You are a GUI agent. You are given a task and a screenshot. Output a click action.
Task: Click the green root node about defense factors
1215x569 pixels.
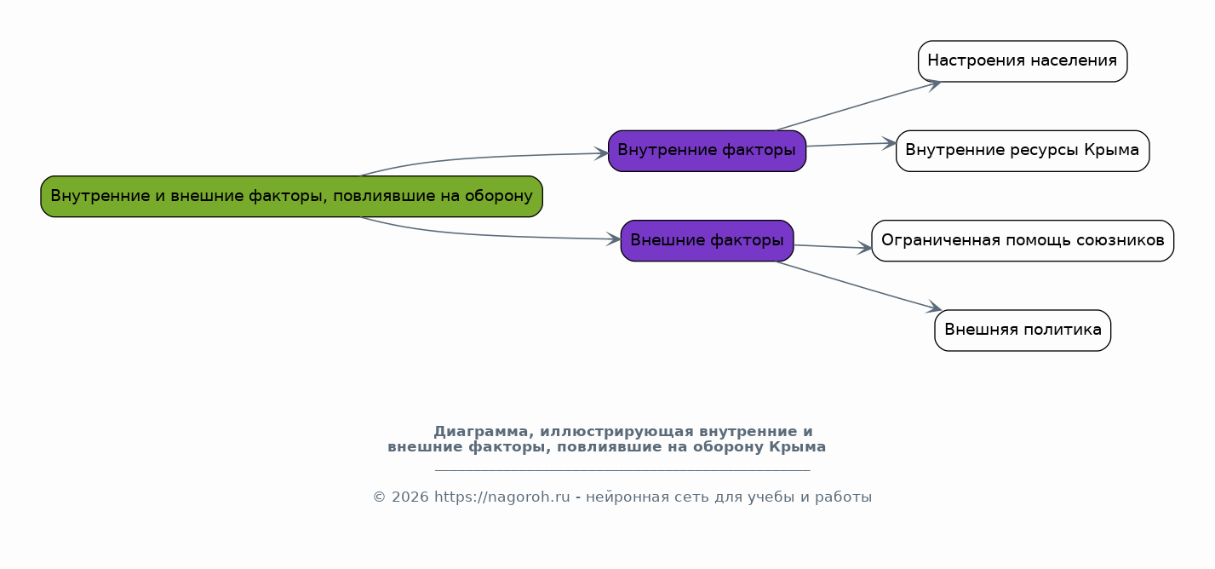click(292, 197)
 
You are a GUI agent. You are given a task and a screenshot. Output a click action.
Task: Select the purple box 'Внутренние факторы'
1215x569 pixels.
click(707, 151)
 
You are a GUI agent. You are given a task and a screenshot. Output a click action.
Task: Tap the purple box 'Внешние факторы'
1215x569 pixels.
click(707, 241)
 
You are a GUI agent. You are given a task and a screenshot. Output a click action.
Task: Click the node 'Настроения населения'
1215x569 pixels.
click(1023, 61)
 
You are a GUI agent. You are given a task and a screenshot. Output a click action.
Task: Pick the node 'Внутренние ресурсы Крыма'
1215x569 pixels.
click(1023, 151)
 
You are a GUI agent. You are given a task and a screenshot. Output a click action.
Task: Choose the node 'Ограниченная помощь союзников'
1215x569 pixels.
click(1023, 241)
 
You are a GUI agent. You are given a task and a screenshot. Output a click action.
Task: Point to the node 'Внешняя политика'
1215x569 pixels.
click(1023, 330)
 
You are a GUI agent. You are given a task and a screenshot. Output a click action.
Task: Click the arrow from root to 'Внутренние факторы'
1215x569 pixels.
click(483, 158)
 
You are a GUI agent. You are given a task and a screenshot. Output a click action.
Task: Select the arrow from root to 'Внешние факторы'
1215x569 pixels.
click(483, 235)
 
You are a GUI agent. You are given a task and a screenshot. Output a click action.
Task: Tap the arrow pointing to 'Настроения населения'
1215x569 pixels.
click(858, 106)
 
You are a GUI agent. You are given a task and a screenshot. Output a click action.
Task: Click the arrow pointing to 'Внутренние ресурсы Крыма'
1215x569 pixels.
click(851, 144)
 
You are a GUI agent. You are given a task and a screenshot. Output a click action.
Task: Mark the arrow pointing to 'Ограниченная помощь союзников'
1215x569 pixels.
click(833, 247)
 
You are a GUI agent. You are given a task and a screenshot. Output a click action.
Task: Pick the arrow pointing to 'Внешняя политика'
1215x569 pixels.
click(858, 285)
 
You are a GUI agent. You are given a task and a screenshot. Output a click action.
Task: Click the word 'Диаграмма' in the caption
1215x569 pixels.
click(480, 432)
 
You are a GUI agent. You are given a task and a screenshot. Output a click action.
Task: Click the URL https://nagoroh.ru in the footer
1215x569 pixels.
click(501, 497)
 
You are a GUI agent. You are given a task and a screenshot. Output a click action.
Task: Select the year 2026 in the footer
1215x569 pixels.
click(410, 497)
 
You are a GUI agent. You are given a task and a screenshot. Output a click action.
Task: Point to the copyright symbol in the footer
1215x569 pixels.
click(379, 497)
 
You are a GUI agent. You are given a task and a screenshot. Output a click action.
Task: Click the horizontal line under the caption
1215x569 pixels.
click(622, 470)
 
